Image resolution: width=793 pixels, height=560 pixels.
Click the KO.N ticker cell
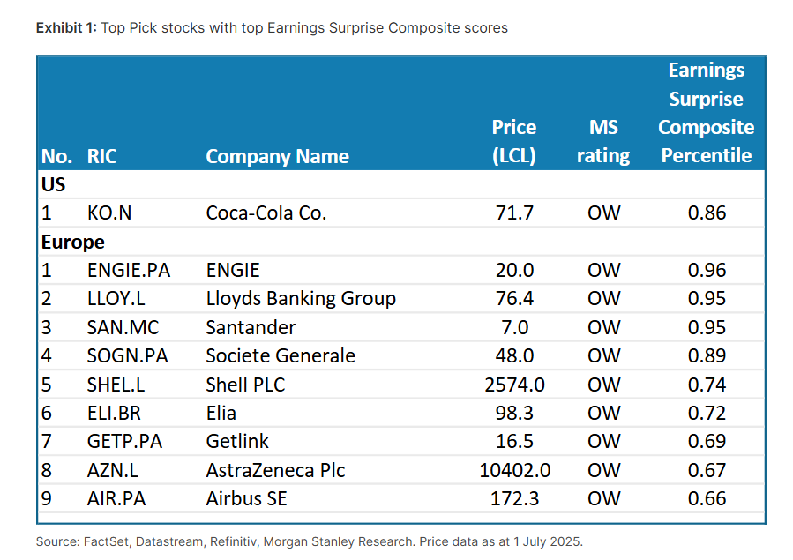[110, 213]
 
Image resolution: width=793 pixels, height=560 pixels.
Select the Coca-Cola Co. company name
[266, 213]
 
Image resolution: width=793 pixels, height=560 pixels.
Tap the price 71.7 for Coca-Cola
[514, 213]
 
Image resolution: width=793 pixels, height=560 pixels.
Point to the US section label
[54, 184]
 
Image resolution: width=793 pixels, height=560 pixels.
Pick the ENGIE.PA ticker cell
[128, 270]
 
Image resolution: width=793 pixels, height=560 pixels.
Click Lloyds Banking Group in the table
[300, 298]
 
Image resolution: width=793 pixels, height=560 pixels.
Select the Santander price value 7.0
[514, 327]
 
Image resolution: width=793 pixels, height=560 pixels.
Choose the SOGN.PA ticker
[127, 355]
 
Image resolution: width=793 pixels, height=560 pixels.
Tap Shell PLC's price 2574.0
[514, 385]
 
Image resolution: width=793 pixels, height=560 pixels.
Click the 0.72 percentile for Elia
[706, 413]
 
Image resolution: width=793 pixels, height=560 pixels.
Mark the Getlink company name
[237, 441]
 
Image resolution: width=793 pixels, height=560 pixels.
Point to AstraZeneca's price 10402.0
[514, 470]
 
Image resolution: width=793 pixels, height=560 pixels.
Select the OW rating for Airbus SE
[603, 498]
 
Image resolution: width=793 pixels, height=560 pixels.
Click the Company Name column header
[277, 156]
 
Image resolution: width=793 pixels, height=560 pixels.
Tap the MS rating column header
[603, 141]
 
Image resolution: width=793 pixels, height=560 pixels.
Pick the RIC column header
[101, 156]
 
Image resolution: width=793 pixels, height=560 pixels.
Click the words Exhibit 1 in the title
[65, 27]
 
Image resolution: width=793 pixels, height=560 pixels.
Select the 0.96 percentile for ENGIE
[706, 270]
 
